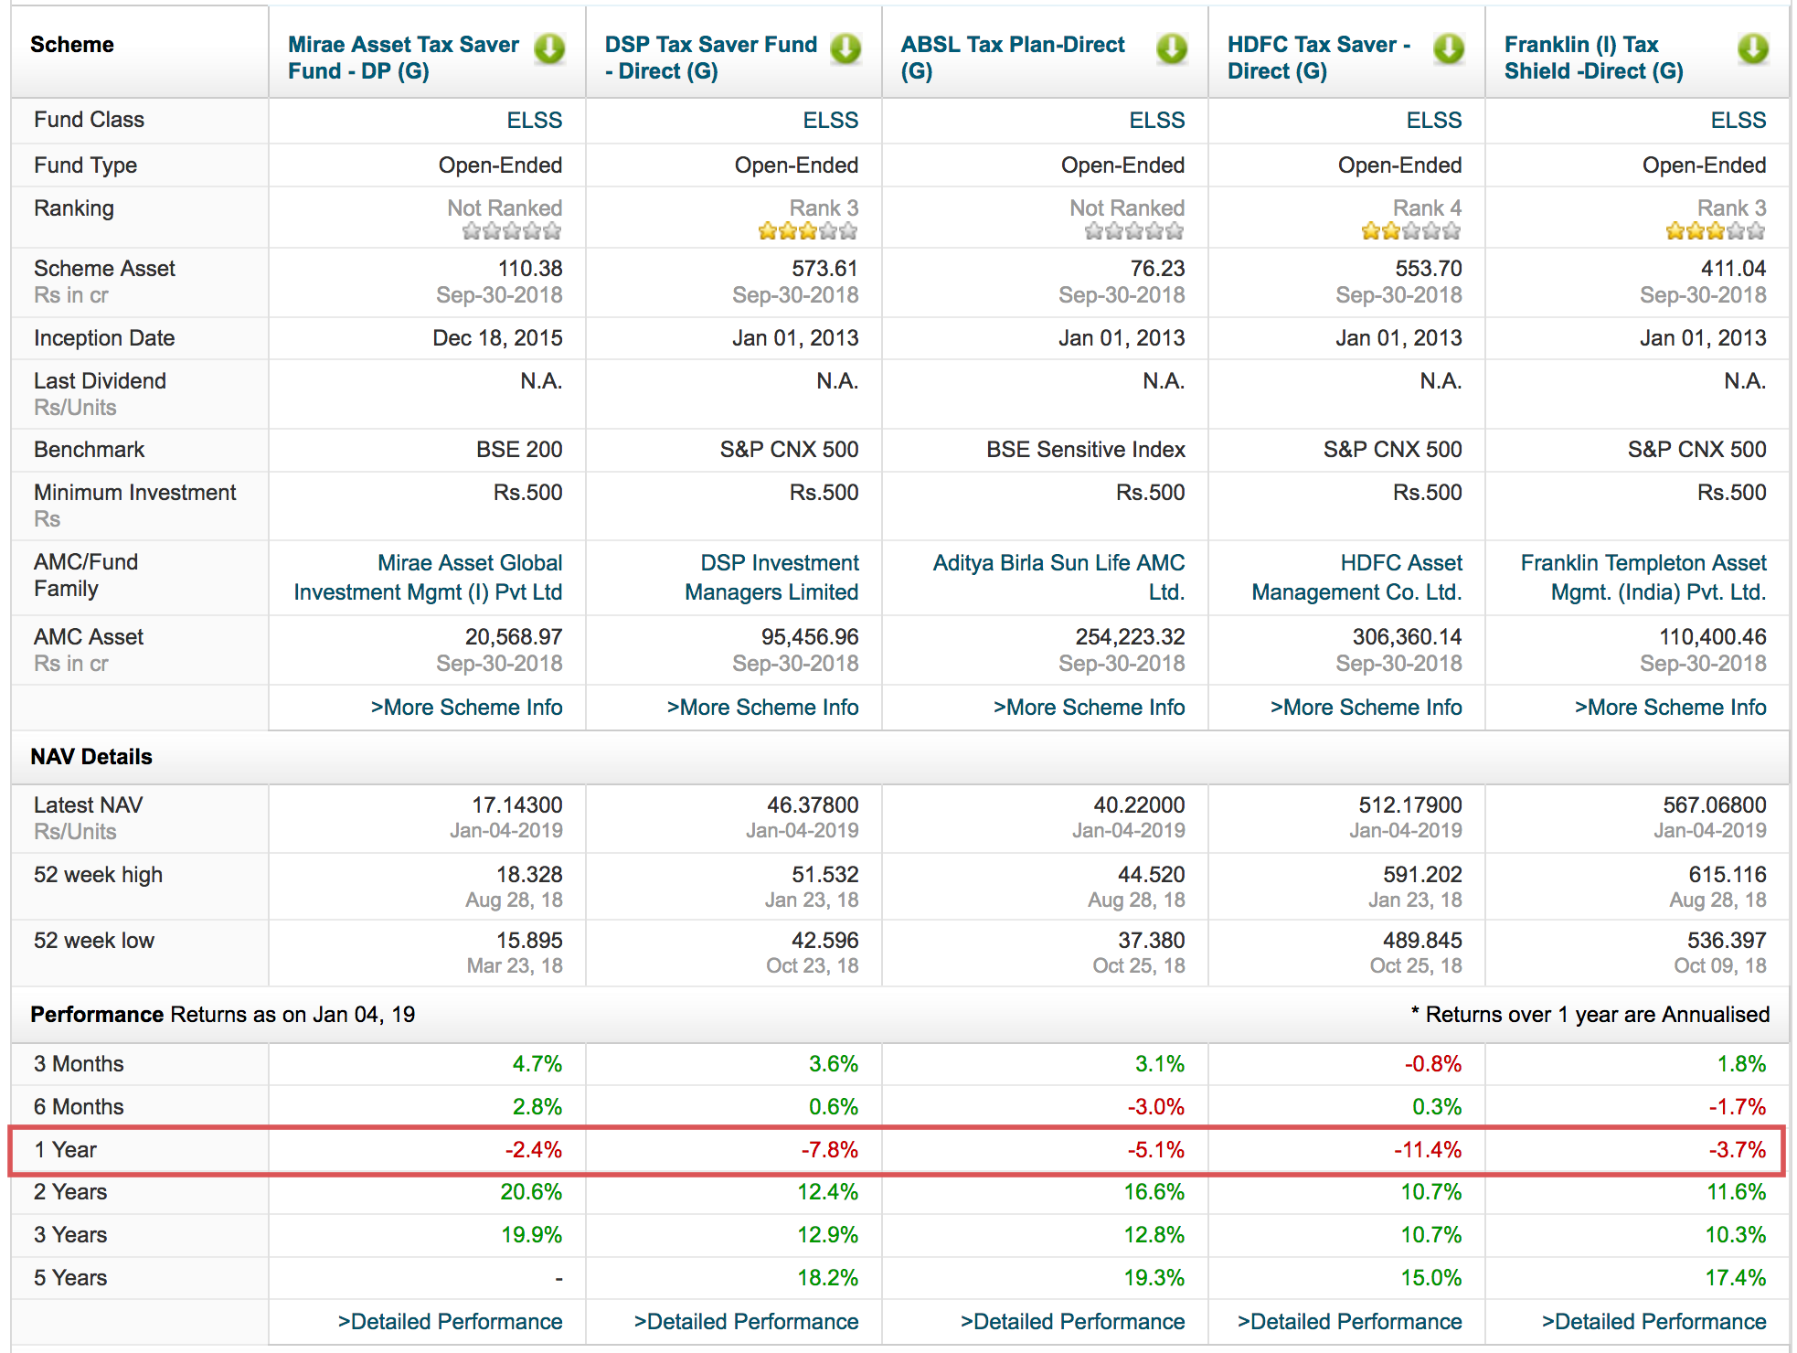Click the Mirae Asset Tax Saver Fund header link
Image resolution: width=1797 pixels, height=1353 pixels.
point(403,58)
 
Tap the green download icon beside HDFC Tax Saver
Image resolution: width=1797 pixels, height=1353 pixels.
point(1449,48)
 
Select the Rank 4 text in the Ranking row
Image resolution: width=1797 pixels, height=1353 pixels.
point(1427,208)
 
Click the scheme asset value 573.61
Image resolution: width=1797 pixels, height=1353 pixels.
point(824,269)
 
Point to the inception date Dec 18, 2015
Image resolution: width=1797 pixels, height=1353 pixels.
point(497,338)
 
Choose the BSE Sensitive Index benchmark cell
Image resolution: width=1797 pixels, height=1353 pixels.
point(1085,450)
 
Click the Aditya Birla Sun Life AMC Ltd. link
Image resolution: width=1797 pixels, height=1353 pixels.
point(1058,577)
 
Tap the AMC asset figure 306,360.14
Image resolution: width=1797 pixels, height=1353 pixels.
point(1407,637)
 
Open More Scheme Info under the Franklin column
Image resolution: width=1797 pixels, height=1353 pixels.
point(1670,708)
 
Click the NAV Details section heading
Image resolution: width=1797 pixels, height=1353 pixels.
point(91,757)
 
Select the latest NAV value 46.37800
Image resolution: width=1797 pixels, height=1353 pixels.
point(812,805)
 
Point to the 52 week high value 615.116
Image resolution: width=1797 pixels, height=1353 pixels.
point(1728,875)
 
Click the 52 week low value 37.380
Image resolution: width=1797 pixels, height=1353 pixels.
point(1151,941)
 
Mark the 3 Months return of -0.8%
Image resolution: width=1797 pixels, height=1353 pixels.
point(1432,1064)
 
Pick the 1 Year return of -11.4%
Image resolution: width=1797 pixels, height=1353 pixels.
point(1427,1150)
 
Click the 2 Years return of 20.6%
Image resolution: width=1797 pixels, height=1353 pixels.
point(531,1192)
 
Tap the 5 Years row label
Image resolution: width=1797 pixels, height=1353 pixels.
point(70,1278)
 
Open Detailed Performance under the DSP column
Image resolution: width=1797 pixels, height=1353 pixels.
point(746,1322)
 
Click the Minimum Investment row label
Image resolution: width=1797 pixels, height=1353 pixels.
point(134,493)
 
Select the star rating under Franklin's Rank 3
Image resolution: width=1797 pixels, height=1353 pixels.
point(1715,231)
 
